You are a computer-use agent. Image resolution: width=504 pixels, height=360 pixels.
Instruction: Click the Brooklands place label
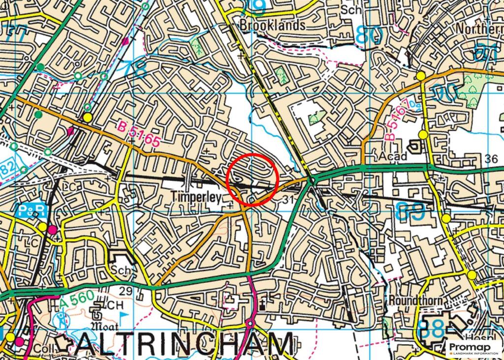click(272, 25)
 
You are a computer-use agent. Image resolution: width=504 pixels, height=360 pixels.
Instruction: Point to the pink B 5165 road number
click(139, 134)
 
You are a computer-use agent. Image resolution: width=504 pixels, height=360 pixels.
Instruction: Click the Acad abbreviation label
click(394, 157)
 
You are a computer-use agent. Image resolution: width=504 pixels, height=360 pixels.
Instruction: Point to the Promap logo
click(474, 348)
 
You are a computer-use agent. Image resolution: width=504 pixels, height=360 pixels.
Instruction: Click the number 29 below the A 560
click(126, 292)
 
